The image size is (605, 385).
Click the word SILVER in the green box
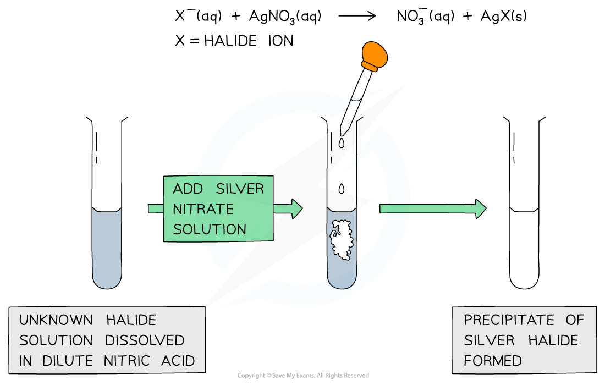click(x=240, y=189)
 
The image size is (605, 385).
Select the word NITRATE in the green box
click(x=195, y=209)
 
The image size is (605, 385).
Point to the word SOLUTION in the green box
click(x=210, y=229)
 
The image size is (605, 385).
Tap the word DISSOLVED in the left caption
click(x=145, y=340)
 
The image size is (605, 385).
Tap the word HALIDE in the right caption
click(x=553, y=340)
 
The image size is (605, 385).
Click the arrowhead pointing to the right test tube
click(x=480, y=208)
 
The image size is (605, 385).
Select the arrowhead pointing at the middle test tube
click(x=296, y=208)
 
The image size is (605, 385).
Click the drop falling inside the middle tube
click(x=342, y=189)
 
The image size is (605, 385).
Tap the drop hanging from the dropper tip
click(x=342, y=142)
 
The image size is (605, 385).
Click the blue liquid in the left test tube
click(x=107, y=248)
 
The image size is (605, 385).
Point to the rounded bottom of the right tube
click(x=524, y=280)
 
